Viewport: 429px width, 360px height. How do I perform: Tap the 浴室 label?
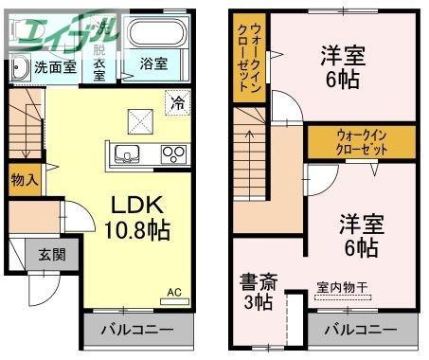154,65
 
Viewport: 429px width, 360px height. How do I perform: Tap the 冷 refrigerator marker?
176,101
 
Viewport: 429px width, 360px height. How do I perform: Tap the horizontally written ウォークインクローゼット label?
360,142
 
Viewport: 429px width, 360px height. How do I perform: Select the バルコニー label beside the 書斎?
360,332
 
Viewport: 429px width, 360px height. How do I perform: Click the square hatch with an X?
140,120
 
